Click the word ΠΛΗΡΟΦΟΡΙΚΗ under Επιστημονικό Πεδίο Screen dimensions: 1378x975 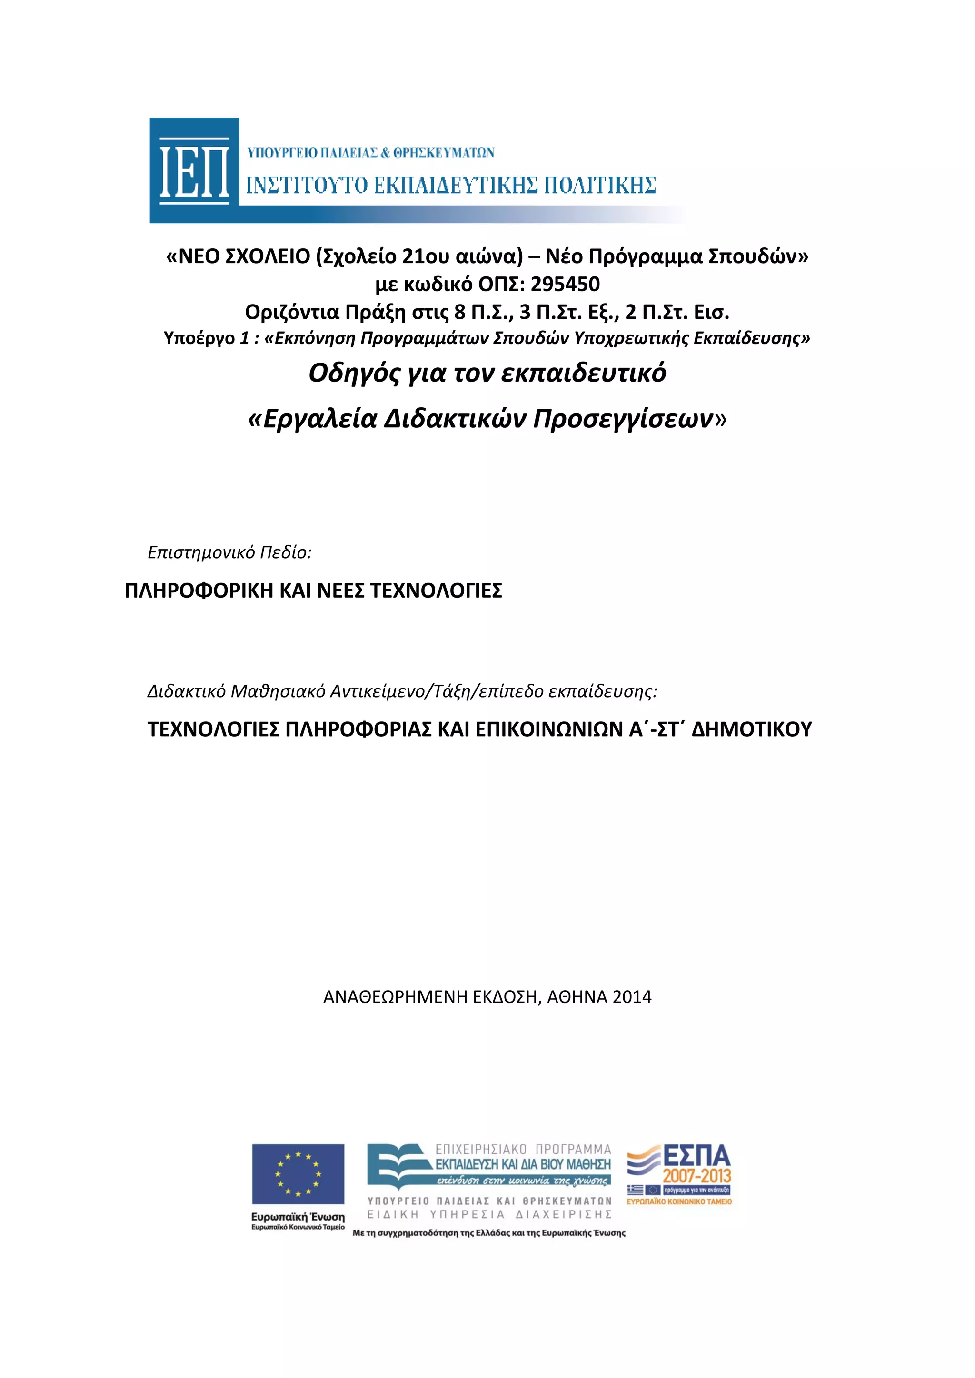(198, 591)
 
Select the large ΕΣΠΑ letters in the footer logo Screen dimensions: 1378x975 (696, 1155)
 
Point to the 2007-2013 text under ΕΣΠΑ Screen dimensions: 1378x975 (696, 1176)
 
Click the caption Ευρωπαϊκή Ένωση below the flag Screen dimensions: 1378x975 (298, 1217)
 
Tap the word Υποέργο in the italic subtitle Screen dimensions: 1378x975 (199, 338)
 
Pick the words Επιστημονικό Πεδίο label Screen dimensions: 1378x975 (229, 552)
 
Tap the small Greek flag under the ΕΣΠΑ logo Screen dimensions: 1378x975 (635, 1190)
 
